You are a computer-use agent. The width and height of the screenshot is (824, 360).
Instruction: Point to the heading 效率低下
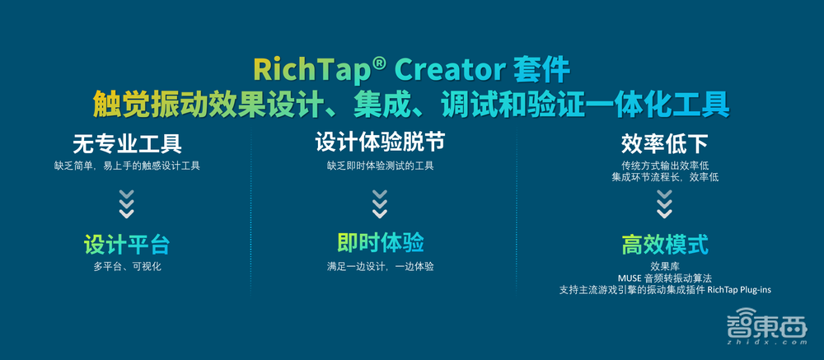coord(664,145)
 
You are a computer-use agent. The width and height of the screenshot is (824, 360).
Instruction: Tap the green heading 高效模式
coord(664,245)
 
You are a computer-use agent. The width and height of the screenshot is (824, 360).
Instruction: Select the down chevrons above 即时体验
coord(380,203)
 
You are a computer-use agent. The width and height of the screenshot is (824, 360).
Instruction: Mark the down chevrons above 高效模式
coord(664,203)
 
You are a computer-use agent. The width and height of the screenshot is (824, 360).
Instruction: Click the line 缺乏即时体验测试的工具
coord(380,166)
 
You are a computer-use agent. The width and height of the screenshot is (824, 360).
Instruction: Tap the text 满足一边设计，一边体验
coord(380,266)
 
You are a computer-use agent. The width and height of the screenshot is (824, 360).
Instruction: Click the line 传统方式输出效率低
coord(664,166)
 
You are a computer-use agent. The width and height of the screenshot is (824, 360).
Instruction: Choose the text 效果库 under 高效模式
coord(664,266)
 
